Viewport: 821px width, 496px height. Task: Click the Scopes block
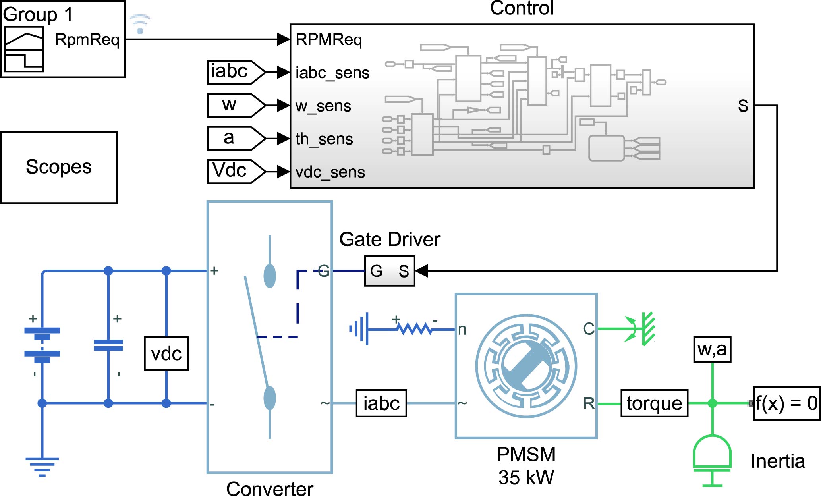[59, 167]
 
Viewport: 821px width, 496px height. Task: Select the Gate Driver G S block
[389, 271]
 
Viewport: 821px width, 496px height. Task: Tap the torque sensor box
[654, 403]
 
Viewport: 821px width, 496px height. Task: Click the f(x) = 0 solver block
[786, 403]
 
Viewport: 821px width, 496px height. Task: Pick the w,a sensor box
[712, 349]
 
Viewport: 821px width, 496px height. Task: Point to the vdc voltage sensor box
[166, 353]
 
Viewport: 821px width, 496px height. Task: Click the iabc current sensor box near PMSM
[381, 403]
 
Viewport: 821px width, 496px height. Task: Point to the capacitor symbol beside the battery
[108, 345]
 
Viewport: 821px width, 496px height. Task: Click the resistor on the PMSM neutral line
[415, 329]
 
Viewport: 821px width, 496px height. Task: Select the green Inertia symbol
[712, 457]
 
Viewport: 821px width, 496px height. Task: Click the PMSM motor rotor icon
[526, 366]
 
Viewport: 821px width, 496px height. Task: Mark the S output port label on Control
[743, 106]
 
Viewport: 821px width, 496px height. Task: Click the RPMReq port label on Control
[328, 40]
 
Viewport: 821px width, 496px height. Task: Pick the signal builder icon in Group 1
[24, 49]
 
